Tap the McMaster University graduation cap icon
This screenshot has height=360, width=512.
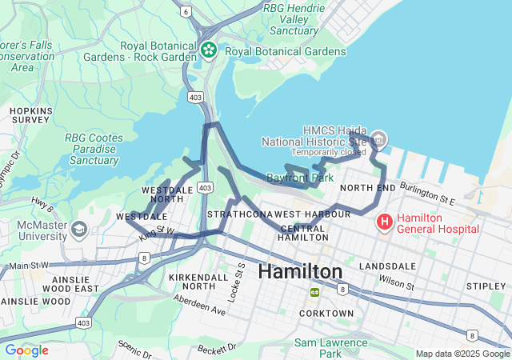point(79,230)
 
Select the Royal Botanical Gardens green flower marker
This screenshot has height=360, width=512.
point(210,51)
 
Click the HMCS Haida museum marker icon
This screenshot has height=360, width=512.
point(378,141)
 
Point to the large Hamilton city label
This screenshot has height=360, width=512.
point(300,272)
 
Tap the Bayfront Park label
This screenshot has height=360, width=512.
point(300,177)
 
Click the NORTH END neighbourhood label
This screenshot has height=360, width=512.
point(367,188)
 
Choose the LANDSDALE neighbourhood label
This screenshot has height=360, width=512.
point(388,266)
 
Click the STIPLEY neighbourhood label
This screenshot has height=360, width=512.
point(486,286)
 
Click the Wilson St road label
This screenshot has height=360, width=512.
point(398,282)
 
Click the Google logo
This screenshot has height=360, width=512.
point(26,350)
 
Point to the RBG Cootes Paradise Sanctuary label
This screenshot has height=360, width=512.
point(94,149)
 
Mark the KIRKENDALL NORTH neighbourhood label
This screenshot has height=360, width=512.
point(192,281)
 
